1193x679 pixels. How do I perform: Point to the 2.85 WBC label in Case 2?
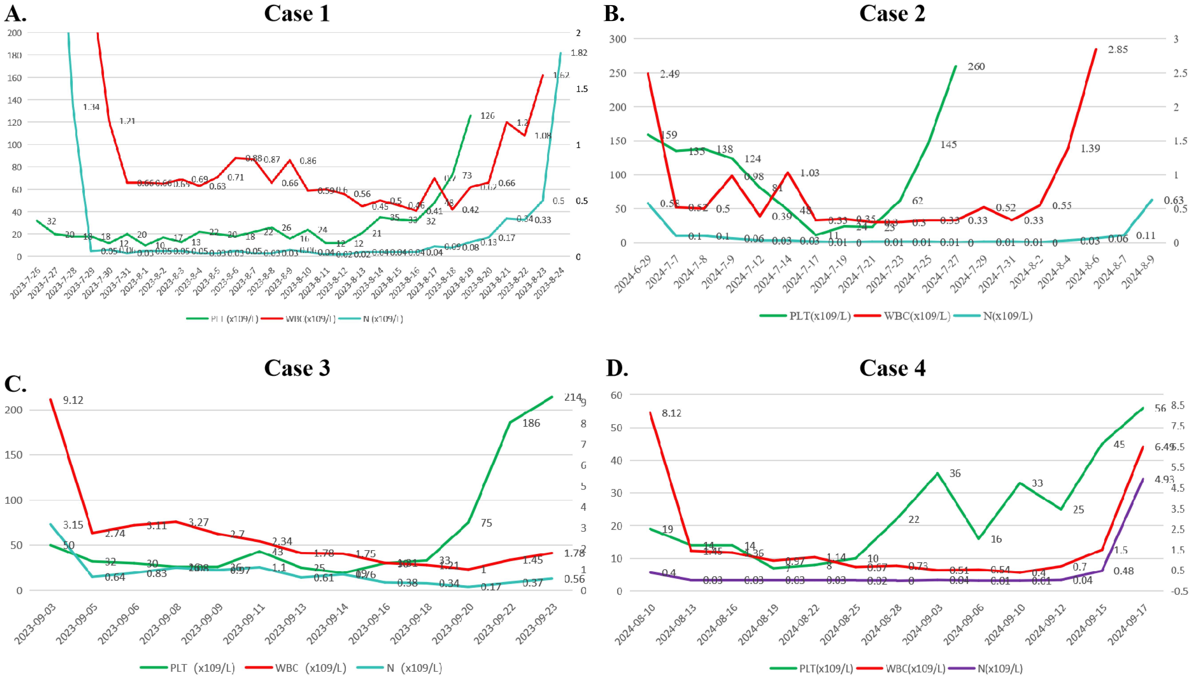click(1118, 49)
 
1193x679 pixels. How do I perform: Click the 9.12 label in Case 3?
click(73, 400)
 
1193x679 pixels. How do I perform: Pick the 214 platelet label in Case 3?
click(573, 397)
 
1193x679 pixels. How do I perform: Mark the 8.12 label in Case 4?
click(671, 413)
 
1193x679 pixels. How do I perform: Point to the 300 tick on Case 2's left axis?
click(618, 39)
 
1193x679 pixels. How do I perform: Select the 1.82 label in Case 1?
click(579, 53)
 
